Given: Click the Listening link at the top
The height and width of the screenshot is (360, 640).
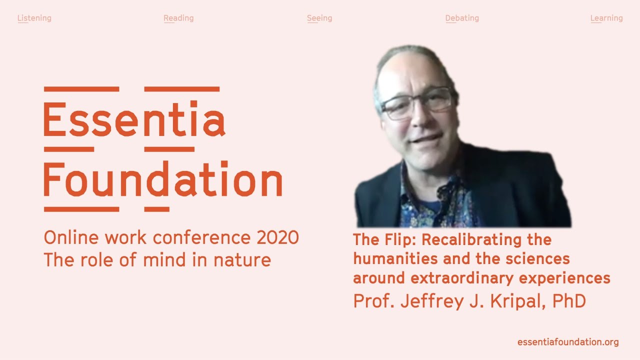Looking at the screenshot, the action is (34, 18).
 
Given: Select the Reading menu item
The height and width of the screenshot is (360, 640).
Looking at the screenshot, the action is (178, 18).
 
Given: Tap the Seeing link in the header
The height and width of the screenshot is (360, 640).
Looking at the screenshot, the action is (319, 18).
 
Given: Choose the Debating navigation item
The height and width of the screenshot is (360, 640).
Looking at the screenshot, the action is (462, 18).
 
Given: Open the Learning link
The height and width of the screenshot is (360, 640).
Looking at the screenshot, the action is (606, 18).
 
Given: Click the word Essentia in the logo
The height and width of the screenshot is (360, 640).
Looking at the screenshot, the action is (134, 118).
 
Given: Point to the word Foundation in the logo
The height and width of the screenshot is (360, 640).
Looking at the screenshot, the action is (163, 178).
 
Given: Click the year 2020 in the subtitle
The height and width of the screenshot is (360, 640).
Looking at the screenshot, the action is (277, 237).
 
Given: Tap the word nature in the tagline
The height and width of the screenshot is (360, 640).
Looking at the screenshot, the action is (242, 260).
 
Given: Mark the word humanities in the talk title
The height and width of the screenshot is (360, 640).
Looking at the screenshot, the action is (395, 258).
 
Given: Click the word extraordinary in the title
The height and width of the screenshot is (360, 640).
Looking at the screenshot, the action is (462, 278).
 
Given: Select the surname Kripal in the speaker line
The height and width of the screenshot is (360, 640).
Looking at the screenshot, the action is (518, 301).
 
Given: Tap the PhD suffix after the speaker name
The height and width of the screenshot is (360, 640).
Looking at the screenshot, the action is (569, 300).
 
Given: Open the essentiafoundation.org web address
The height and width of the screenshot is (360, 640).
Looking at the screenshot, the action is (568, 342).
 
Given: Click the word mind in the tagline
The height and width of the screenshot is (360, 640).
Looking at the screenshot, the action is (164, 259).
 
